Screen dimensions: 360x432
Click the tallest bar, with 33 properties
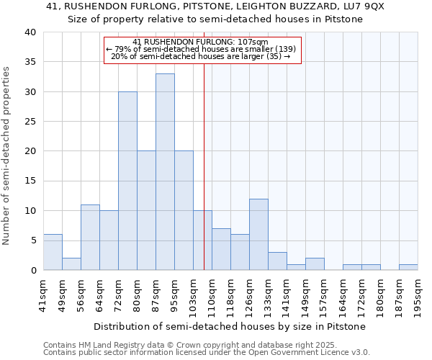165,172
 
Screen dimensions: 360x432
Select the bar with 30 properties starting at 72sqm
127,181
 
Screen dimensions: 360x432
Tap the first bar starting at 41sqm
53,252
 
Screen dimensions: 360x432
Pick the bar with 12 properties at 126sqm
258,235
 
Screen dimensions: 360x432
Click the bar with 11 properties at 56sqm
90,238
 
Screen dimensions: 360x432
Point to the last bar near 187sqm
408,267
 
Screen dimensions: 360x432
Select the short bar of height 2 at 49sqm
71,264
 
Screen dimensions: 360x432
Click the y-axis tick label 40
30,32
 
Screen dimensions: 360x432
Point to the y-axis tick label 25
30,122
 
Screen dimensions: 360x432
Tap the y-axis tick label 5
32,240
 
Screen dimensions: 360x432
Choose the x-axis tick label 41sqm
43,293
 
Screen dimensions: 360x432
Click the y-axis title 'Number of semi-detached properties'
7,155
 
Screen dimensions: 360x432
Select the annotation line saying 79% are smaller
201,49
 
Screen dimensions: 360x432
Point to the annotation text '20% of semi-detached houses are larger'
201,56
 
